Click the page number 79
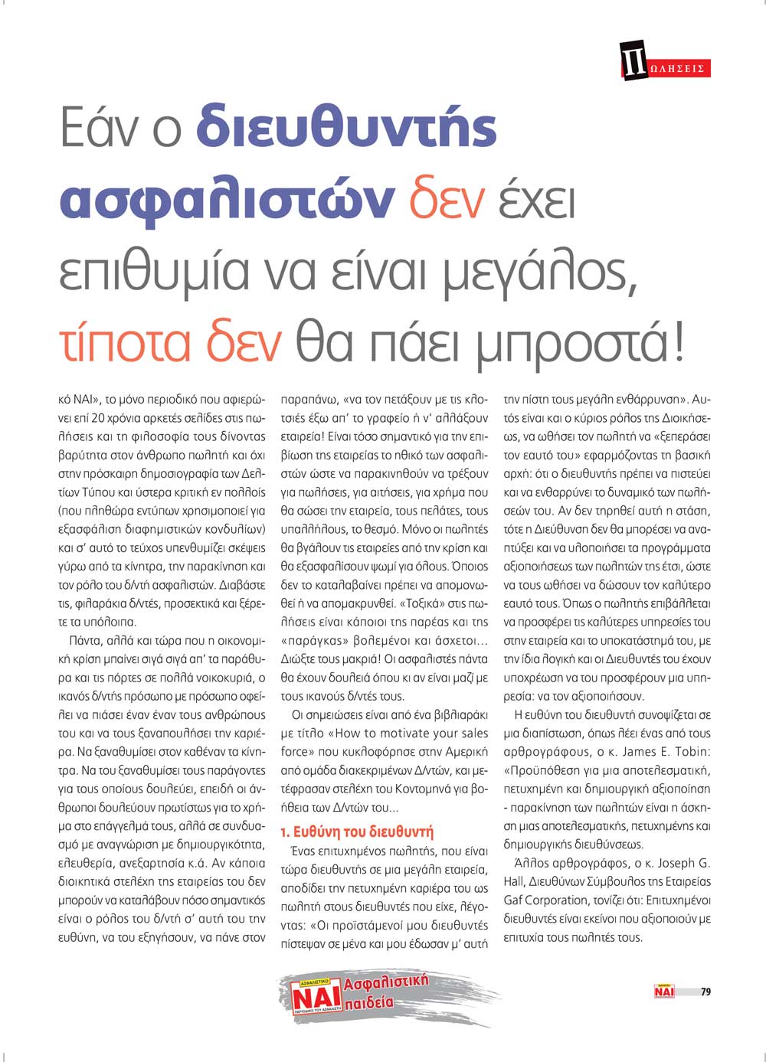(705, 992)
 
